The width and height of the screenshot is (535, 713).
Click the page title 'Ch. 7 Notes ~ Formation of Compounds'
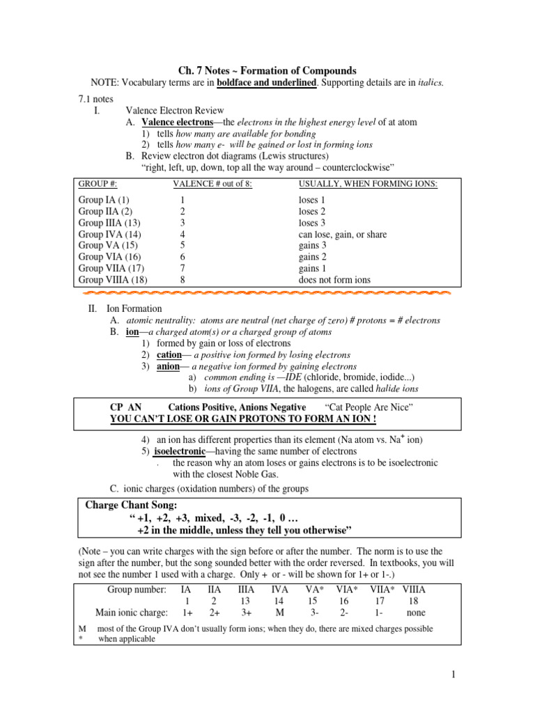(267, 70)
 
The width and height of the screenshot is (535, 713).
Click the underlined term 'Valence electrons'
(175, 122)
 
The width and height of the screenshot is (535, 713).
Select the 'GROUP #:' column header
(98, 184)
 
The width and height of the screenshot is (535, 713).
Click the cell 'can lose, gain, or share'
(342, 235)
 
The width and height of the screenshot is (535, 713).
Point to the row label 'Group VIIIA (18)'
(113, 280)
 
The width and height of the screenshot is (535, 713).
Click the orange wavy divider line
(267, 294)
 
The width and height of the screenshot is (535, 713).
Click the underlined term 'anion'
(169, 366)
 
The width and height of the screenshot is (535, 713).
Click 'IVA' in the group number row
(280, 588)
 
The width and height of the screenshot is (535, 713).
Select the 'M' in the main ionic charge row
(280, 613)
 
